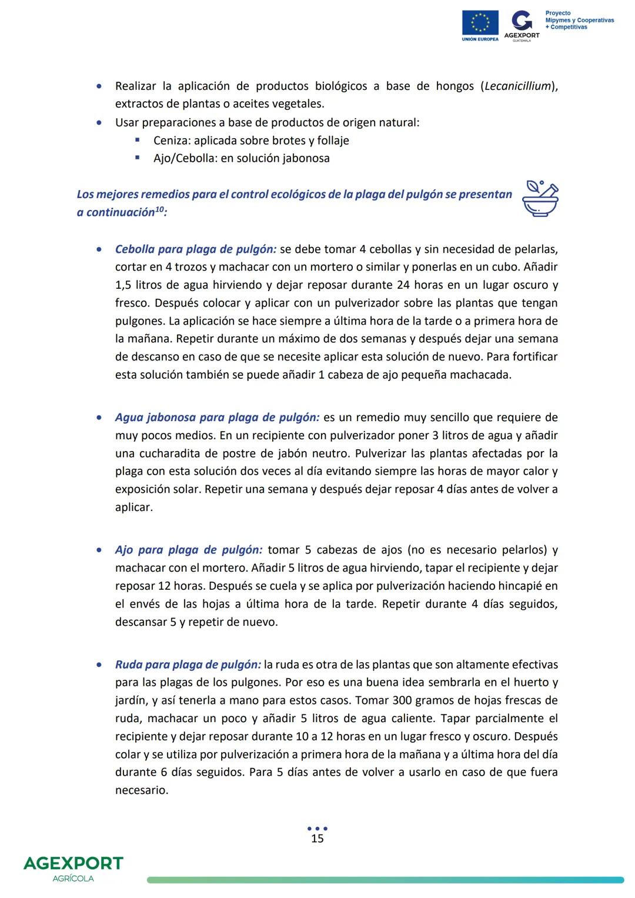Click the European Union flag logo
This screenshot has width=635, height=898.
[480, 24]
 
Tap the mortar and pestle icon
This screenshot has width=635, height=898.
[540, 198]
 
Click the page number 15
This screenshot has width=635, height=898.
[317, 839]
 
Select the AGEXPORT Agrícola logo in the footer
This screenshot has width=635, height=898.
[73, 868]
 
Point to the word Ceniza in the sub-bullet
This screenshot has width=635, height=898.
[172, 141]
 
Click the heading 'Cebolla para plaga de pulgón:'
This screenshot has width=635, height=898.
[195, 249]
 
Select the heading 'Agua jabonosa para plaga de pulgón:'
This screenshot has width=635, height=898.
[217, 418]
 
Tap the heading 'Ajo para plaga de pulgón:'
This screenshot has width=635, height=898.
[188, 550]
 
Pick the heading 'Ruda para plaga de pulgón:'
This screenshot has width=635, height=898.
[188, 665]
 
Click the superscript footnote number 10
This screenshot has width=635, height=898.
[159, 209]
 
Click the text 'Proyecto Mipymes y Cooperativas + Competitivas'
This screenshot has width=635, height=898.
[579, 20]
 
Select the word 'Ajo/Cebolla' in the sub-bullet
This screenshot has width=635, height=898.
[184, 158]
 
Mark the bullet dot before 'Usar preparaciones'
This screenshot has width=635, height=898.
[99, 123]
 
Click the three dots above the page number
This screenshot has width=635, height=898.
[317, 828]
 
